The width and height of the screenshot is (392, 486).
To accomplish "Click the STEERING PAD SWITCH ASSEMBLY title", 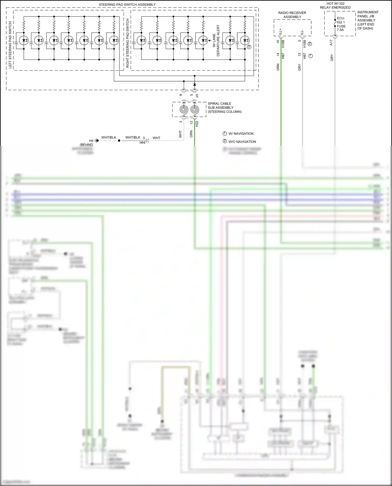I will coord(127,5).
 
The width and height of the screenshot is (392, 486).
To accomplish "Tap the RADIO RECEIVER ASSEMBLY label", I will coord(292,15).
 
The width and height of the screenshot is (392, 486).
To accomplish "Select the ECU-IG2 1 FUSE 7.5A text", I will coord(341,24).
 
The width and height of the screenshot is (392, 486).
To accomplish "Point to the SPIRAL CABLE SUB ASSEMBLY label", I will coord(224,108).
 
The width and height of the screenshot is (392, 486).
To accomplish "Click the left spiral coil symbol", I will coord(184,109).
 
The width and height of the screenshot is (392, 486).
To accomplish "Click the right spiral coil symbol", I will coord(195,109).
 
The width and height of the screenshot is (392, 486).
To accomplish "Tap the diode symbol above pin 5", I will coord(194,84).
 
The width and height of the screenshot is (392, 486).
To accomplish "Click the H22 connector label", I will coord(197,124).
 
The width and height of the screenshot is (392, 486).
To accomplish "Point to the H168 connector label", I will coord(283,44).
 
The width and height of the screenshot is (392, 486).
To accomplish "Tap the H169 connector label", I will coord(305,44).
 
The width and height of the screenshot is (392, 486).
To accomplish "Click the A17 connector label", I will coord(331,43).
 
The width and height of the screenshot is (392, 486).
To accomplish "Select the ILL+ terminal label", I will coord(281,32).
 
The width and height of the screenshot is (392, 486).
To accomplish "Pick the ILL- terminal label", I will coord(302,32).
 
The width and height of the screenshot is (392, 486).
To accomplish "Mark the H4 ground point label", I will coord(91,141).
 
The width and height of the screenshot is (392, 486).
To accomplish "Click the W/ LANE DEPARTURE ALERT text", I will coord(216,40).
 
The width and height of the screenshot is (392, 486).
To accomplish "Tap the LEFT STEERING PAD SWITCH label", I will coord(10,45).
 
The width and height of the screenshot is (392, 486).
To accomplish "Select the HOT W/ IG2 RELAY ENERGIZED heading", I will coord(335,5).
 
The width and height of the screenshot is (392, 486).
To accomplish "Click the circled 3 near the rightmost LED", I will coord(249,47).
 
